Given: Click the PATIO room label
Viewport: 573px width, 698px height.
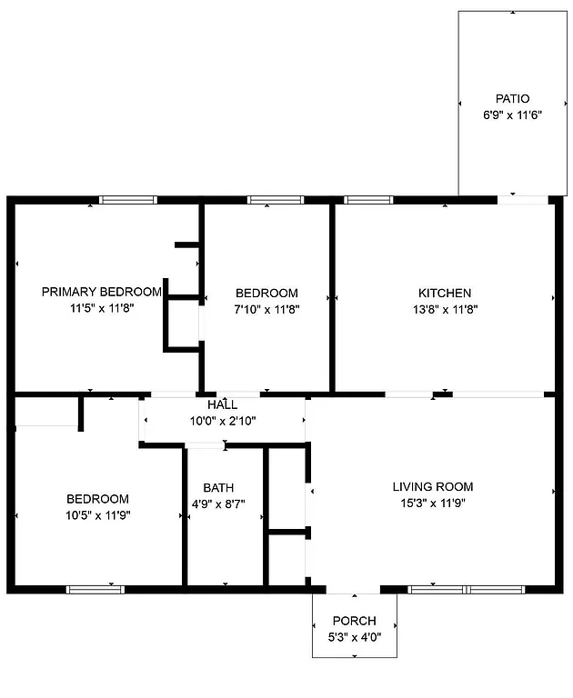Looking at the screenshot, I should pyautogui.click(x=512, y=98).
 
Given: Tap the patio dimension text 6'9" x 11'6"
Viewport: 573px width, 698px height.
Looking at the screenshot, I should pyautogui.click(x=512, y=115).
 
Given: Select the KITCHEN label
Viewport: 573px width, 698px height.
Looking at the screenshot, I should pyautogui.click(x=445, y=293).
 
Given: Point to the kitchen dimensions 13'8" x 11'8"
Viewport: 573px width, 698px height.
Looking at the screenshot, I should pyautogui.click(x=445, y=309).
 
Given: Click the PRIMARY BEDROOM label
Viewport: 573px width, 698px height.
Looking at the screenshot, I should pyautogui.click(x=102, y=292).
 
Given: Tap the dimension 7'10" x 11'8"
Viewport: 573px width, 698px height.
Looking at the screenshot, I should pyautogui.click(x=266, y=309).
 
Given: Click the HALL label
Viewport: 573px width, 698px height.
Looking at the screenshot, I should pyautogui.click(x=223, y=404).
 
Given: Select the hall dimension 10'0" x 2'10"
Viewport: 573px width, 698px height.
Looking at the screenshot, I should pyautogui.click(x=223, y=420).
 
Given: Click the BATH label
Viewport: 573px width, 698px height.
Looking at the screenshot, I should pyautogui.click(x=218, y=487).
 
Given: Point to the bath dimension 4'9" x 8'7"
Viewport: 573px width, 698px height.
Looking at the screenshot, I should pyautogui.click(x=218, y=504).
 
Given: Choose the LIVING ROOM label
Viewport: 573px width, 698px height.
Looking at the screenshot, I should pyautogui.click(x=433, y=486).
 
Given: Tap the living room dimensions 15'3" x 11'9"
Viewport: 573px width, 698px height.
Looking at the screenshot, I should pyautogui.click(x=433, y=503).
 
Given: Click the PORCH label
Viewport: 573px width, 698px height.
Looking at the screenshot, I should pyautogui.click(x=354, y=622).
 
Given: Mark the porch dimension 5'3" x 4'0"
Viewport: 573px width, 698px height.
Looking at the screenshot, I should pyautogui.click(x=354, y=637).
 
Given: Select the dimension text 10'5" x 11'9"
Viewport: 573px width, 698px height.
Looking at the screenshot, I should pyautogui.click(x=97, y=515).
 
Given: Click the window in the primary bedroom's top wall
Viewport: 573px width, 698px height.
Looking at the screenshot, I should pyautogui.click(x=128, y=200).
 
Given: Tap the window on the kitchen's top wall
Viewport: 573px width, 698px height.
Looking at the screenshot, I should pyautogui.click(x=368, y=200).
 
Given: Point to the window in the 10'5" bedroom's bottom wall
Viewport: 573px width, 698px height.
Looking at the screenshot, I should pyautogui.click(x=95, y=589).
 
